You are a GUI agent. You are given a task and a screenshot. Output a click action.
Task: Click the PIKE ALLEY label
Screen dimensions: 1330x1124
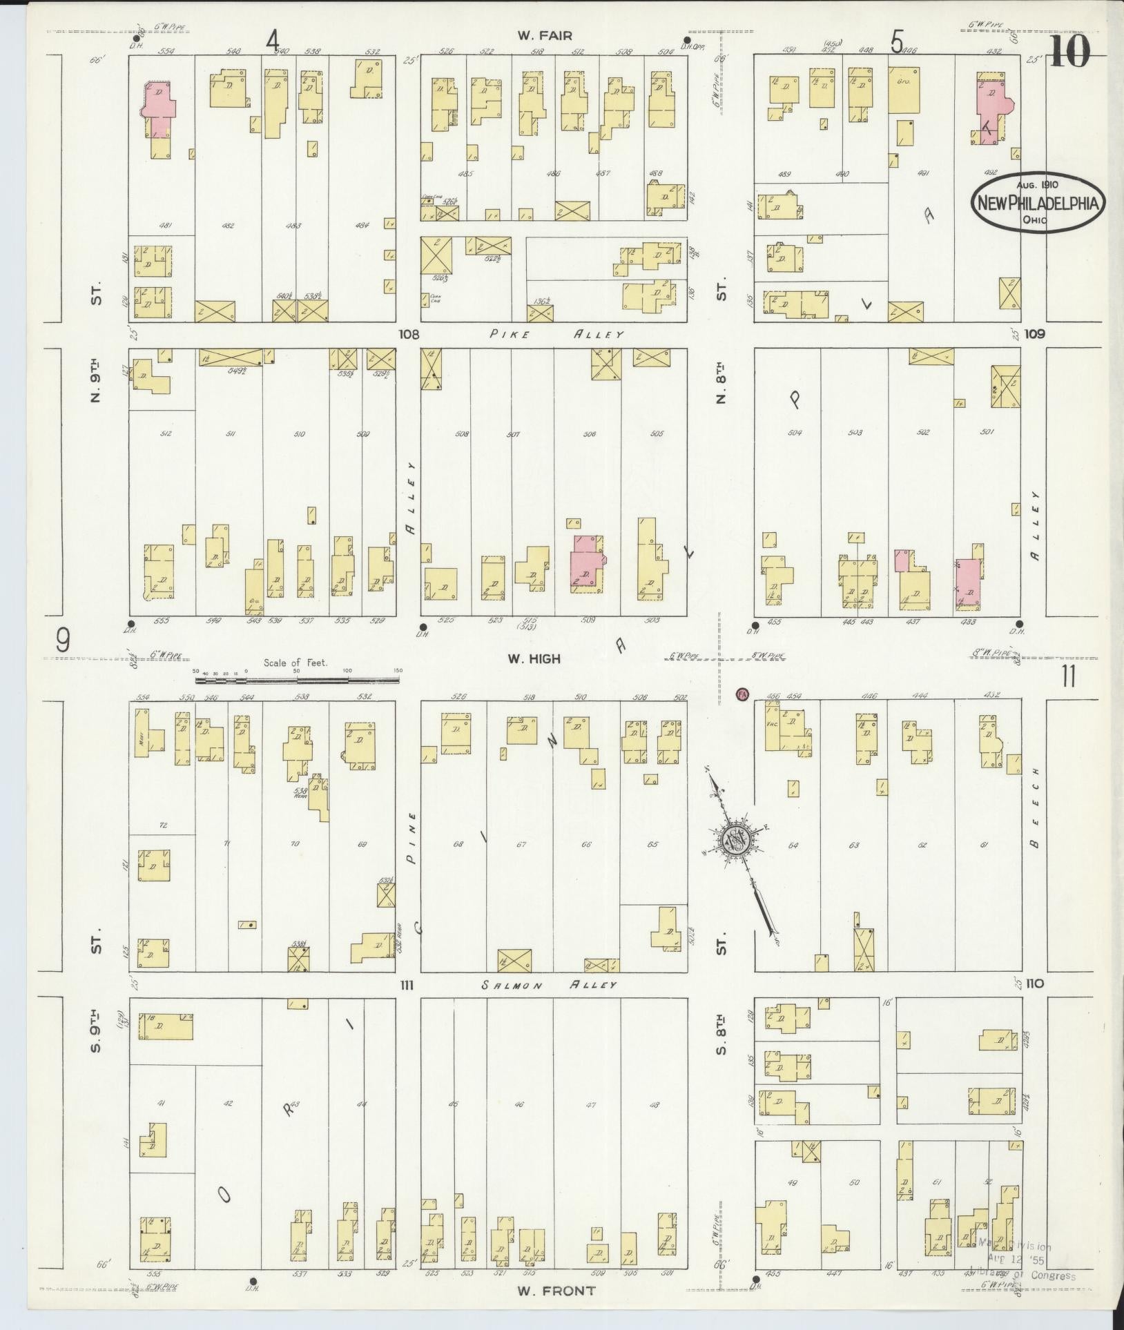click(557, 334)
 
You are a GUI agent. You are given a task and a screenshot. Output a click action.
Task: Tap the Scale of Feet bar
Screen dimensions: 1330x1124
click(297, 680)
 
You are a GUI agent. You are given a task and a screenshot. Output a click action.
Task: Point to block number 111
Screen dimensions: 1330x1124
click(406, 985)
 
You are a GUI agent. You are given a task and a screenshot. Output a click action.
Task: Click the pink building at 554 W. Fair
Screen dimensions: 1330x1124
click(159, 109)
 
